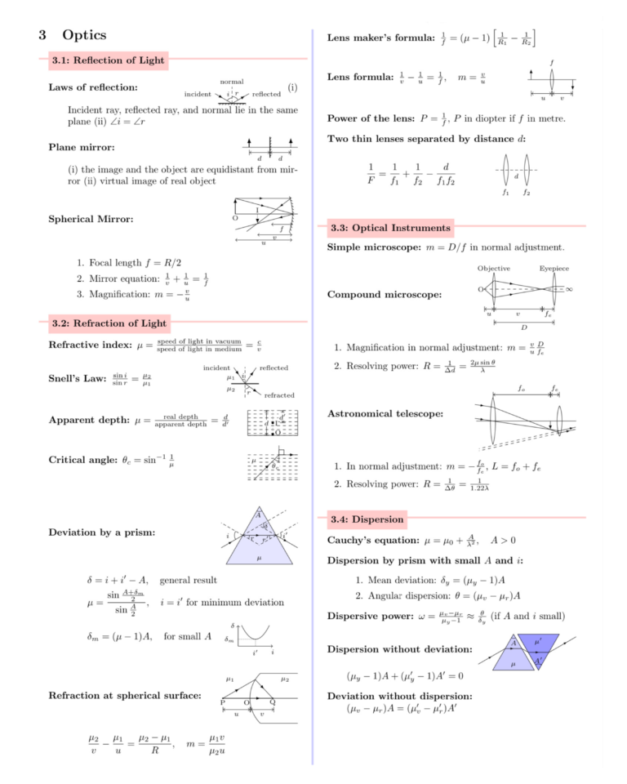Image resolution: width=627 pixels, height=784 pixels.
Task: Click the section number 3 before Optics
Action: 42,35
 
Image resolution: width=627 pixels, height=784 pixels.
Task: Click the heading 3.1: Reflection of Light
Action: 108,60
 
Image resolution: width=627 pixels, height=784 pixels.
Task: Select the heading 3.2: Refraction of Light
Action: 109,323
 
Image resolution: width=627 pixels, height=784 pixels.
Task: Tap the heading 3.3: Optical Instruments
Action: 389,227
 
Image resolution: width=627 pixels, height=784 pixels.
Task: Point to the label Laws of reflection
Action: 93,87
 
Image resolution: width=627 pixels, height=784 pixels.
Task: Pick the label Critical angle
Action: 83,460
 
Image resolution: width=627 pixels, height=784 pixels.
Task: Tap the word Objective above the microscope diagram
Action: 494,269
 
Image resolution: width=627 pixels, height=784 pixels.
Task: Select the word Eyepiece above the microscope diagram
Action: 554,269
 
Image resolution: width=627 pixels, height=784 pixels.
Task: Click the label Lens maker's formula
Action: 380,38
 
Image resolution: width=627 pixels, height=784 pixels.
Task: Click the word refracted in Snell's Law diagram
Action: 279,395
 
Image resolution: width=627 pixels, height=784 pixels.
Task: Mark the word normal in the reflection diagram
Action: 232,82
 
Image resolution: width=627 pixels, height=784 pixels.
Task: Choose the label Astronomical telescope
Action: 385,414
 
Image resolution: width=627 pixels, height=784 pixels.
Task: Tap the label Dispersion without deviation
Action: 399,649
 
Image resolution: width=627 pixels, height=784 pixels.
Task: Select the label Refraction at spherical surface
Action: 125,696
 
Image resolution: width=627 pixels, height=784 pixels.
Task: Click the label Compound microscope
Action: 385,294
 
